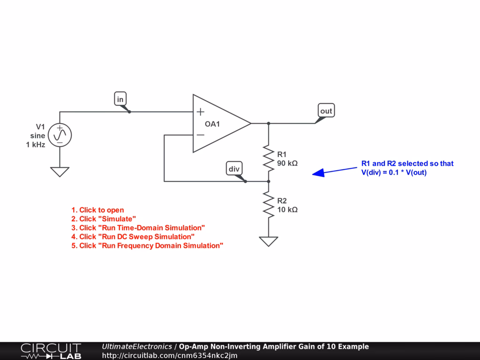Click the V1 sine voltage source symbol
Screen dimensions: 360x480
click(x=60, y=135)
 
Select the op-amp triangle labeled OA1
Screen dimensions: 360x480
click(x=218, y=124)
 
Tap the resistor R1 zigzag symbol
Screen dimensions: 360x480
click(x=269, y=158)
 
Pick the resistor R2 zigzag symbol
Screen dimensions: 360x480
click(x=269, y=204)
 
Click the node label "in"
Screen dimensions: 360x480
click(x=120, y=99)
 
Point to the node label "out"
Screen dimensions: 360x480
click(x=326, y=111)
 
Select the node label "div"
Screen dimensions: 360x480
click(x=233, y=169)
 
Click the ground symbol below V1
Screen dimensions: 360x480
click(x=60, y=172)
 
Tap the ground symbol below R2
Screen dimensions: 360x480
click(x=269, y=241)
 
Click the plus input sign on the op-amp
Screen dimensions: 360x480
click(x=200, y=112)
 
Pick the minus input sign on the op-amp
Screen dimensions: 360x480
click(x=200, y=135)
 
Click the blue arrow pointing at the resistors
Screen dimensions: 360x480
click(x=335, y=171)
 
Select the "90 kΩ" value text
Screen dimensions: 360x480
click(x=287, y=164)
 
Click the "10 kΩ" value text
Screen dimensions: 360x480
click(x=287, y=210)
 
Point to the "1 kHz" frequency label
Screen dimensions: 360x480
click(x=36, y=145)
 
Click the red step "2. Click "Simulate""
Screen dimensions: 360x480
click(x=104, y=219)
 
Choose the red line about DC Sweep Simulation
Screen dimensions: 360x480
click(x=133, y=237)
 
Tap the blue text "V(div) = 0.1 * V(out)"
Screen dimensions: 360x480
click(x=394, y=172)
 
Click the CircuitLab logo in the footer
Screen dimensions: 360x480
click(x=51, y=351)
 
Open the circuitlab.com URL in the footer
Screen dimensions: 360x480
click(x=169, y=355)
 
